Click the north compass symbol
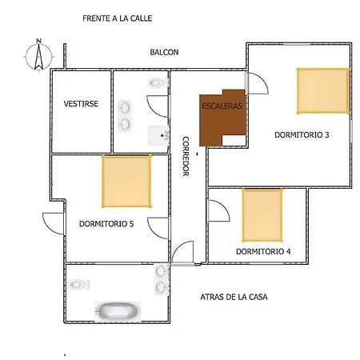click(x=39, y=55)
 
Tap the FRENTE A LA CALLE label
click(x=118, y=18)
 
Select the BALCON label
click(x=164, y=52)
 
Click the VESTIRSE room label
click(x=81, y=103)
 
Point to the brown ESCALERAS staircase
click(x=222, y=118)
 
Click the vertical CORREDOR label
click(x=186, y=156)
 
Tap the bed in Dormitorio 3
click(x=323, y=91)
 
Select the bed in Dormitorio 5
click(x=126, y=181)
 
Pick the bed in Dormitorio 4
click(x=262, y=215)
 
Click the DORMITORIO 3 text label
click(x=302, y=134)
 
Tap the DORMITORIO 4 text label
click(x=263, y=251)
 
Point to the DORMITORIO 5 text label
click(x=106, y=223)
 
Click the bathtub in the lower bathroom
click(x=118, y=311)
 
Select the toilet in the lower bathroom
click(x=79, y=284)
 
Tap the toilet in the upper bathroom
click(x=158, y=83)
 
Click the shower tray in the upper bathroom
click(x=158, y=135)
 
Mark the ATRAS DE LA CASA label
click(x=234, y=297)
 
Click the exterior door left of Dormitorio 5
click(x=54, y=223)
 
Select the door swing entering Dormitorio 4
click(x=218, y=210)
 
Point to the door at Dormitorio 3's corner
click(x=258, y=83)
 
